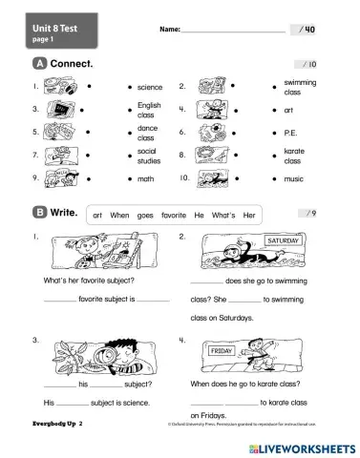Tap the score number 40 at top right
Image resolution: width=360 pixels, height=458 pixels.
(309, 31)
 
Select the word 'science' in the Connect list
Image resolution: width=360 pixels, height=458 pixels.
(151, 87)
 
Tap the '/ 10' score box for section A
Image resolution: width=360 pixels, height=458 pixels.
(307, 64)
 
